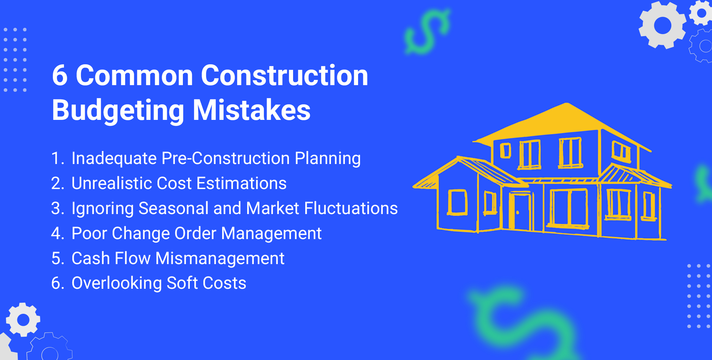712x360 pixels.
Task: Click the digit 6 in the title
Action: (60, 76)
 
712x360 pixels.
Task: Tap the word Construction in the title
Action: (284, 76)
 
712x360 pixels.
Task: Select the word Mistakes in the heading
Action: (251, 111)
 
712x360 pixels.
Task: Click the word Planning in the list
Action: (327, 158)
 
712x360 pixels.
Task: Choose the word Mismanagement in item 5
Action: (220, 259)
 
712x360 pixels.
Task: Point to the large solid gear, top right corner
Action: (662, 25)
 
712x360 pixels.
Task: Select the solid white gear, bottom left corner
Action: (23, 320)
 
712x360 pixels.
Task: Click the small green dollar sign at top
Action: (427, 31)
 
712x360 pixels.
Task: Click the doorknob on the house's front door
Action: (518, 213)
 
